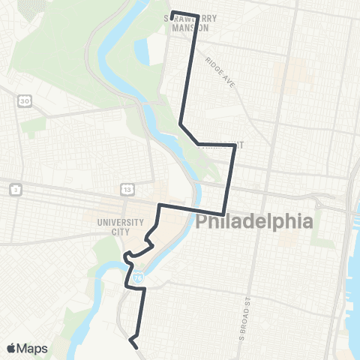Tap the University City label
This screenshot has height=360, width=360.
(118, 227)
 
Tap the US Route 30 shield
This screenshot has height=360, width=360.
(25, 100)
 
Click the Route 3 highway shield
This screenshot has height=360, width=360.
(16, 190)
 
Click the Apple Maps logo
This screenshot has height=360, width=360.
(26, 348)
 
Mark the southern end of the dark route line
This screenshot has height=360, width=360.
(136, 346)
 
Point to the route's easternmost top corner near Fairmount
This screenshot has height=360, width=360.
(235, 145)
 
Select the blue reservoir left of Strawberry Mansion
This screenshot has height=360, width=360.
(142, 52)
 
